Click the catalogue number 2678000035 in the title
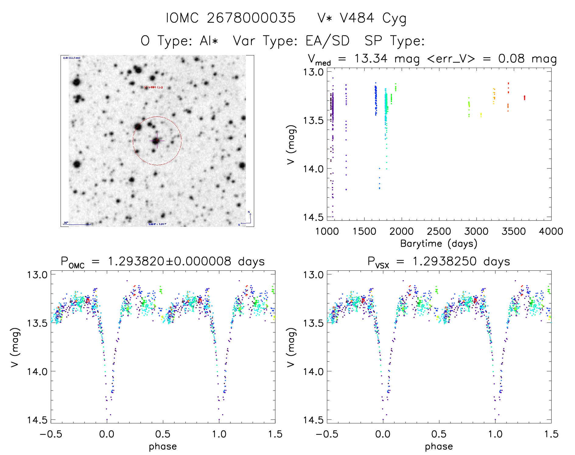click(251, 18)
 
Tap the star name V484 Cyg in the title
click(362, 18)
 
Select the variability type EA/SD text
click(327, 41)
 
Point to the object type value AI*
click(209, 41)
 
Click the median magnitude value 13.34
click(371, 58)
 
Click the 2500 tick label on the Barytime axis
click(439, 231)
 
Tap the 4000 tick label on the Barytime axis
click(551, 231)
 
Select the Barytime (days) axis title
click(439, 244)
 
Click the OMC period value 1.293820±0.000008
click(170, 261)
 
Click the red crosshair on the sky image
click(157, 141)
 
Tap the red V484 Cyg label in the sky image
click(154, 87)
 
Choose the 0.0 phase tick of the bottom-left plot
click(107, 434)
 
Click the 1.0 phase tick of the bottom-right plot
click(495, 434)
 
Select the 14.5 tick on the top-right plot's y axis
click(313, 217)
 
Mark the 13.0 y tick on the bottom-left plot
click(37, 275)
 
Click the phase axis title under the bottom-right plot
click(439, 446)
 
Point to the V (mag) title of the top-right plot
click(291, 145)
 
